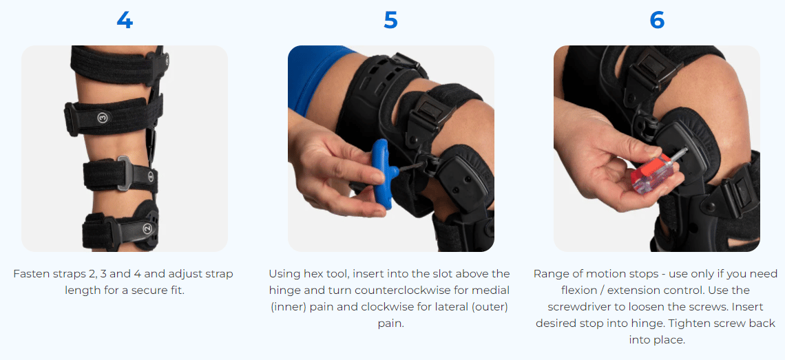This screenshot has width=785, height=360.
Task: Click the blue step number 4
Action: click(125, 21)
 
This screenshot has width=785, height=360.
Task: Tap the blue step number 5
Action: click(390, 21)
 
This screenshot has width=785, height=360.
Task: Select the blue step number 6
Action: click(657, 21)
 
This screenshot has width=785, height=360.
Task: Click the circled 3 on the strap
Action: click(103, 118)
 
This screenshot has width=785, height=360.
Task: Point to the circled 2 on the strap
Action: click(147, 228)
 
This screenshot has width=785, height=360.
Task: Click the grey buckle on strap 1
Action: click(125, 173)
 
